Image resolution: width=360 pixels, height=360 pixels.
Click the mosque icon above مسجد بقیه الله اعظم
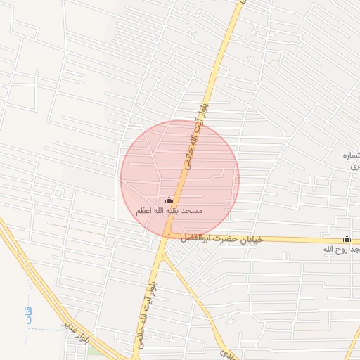pos(168,200)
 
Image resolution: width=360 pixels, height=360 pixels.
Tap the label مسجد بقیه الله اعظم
pos(169,210)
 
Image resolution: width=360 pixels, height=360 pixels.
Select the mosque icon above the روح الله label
pos(347,238)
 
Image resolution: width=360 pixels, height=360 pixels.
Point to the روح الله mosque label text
pos(341,249)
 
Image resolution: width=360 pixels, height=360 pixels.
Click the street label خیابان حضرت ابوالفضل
pos(221,239)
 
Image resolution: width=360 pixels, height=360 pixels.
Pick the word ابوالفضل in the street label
pos(195,239)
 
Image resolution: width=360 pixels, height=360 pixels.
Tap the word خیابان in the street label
pos(250,239)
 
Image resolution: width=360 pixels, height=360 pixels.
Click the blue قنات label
pos(29,314)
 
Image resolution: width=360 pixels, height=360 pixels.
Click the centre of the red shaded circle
pos(180,179)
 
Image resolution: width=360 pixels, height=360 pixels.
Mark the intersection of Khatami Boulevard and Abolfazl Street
pos(167,236)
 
